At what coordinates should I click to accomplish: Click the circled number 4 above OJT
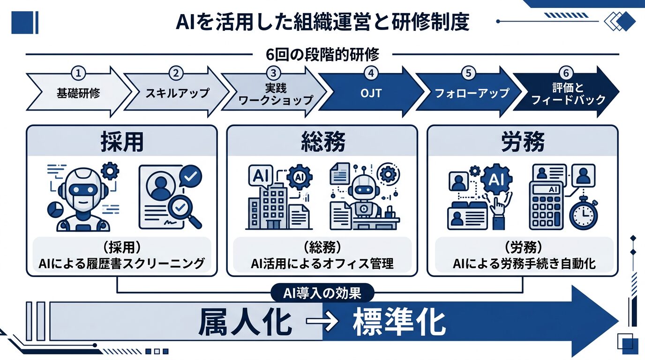click(371, 73)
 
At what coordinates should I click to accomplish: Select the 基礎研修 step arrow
click(75, 92)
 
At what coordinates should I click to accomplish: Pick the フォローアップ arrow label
click(471, 92)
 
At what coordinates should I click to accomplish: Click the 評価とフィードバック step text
click(566, 93)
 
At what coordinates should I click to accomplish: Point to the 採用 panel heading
click(121, 142)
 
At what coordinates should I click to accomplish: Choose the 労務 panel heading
click(523, 142)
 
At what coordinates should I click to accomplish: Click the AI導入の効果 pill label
click(322, 293)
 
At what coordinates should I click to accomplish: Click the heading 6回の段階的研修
click(322, 55)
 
